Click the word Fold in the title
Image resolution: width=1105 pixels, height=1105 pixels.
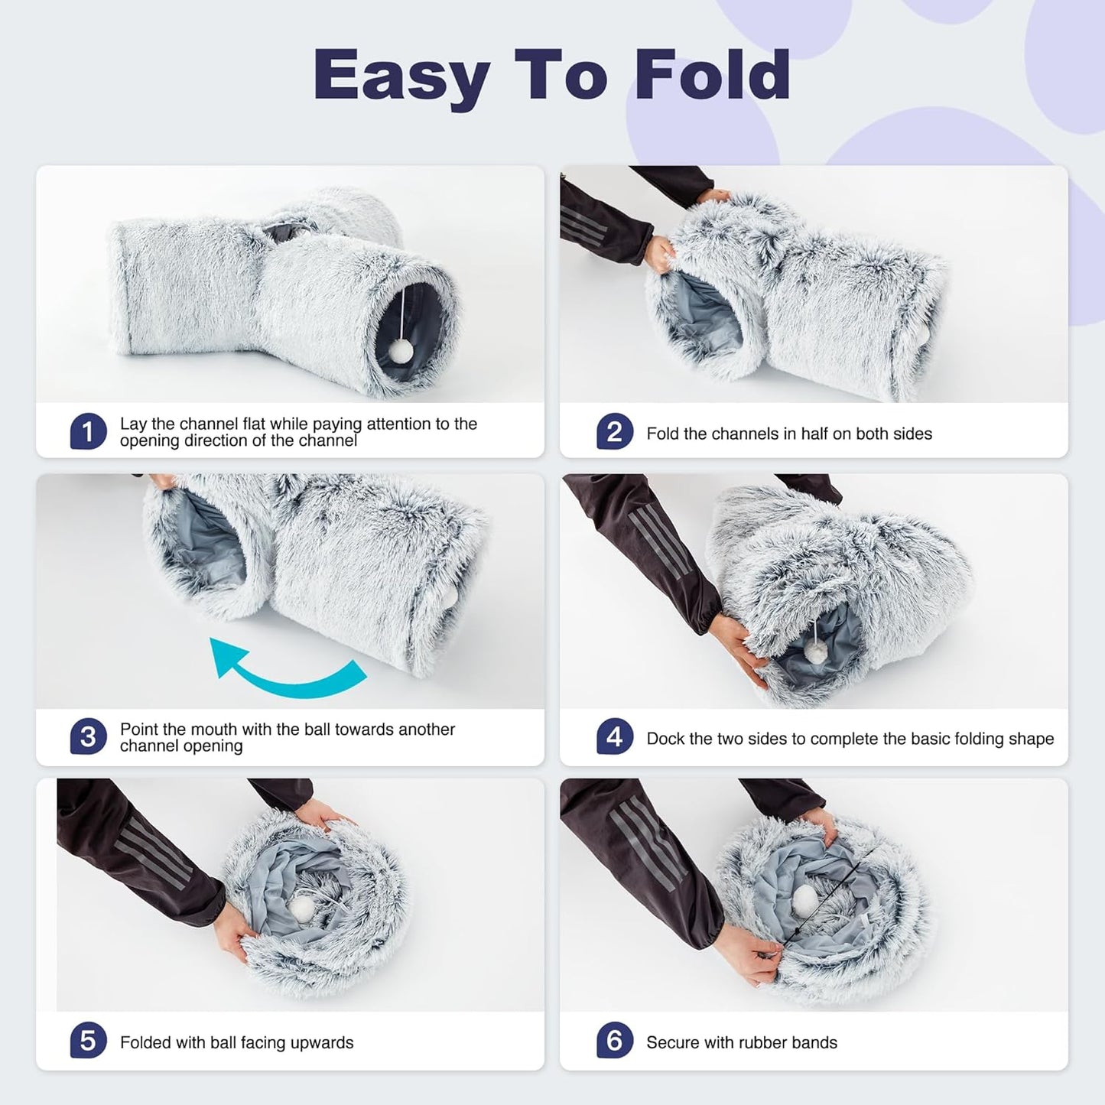(x=712, y=75)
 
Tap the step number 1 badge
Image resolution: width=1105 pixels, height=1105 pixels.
(x=88, y=432)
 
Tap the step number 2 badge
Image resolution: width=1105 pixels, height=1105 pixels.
(x=615, y=432)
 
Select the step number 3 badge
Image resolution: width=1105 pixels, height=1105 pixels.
(x=88, y=737)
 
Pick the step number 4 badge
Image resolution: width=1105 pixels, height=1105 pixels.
(x=615, y=737)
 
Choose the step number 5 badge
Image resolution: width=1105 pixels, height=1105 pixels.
(x=88, y=1041)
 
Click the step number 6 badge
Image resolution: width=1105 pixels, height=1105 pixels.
(x=615, y=1041)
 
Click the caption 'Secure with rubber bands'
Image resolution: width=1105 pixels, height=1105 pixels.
(x=741, y=1042)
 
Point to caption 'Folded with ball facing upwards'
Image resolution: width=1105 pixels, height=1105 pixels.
(x=236, y=1042)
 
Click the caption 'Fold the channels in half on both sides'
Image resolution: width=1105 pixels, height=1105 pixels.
(x=788, y=434)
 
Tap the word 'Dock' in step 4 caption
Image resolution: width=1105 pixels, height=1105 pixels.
(x=664, y=739)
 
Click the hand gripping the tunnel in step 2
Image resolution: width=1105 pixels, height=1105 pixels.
(x=659, y=252)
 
